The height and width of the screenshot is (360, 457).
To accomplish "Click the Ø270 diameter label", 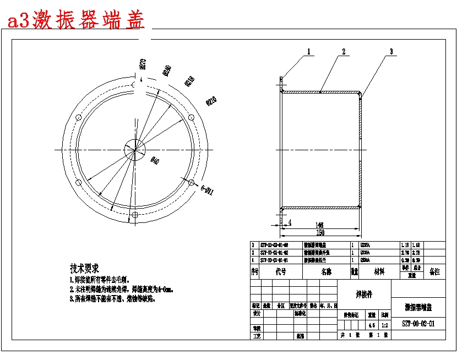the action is pyautogui.click(x=143, y=64).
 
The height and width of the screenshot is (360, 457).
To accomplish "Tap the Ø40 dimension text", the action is pyautogui.click(x=154, y=161).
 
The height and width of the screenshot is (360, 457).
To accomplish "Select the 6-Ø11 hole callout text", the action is pyautogui.click(x=207, y=190).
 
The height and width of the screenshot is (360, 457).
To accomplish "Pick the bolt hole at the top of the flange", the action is pyautogui.click(x=134, y=84).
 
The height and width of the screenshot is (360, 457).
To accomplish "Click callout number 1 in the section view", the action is pyautogui.click(x=309, y=52).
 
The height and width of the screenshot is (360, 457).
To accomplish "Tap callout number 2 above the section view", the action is pyautogui.click(x=343, y=52).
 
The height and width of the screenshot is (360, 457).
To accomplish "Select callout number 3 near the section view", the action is pyautogui.click(x=391, y=52).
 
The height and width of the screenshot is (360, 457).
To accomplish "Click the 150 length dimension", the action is pyautogui.click(x=320, y=233).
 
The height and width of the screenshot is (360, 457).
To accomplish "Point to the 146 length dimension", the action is pyautogui.click(x=320, y=225).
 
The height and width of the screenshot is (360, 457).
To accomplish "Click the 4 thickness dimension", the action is pyautogui.click(x=290, y=222).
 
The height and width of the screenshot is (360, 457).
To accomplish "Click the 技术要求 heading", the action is pyautogui.click(x=84, y=269).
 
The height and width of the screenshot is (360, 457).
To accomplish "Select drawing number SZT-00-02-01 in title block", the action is pyautogui.click(x=418, y=324).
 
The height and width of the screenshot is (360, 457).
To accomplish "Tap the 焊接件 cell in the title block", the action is pyautogui.click(x=363, y=294).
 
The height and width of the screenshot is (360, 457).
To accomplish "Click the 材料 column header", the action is pyautogui.click(x=380, y=272).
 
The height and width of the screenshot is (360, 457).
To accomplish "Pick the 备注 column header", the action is pyautogui.click(x=434, y=272).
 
